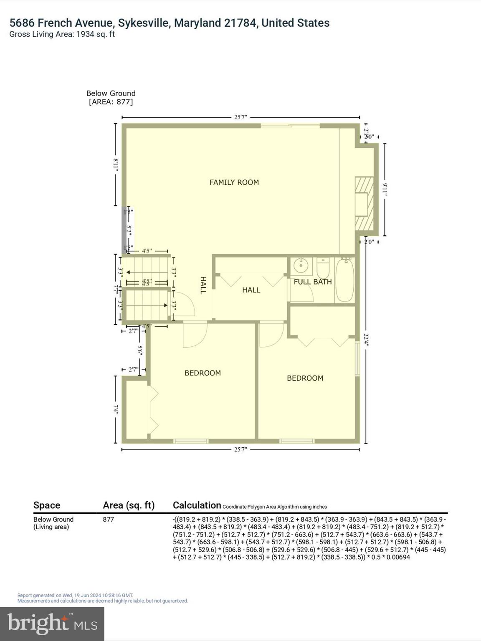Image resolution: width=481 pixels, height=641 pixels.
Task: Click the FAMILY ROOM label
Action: click(x=234, y=182)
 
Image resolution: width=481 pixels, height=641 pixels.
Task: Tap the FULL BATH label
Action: click(x=312, y=282)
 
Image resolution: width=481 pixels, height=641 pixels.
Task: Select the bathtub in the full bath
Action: click(x=345, y=280)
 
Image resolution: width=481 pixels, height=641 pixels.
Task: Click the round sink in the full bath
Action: click(x=300, y=265)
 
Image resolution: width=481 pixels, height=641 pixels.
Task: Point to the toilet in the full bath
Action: click(x=323, y=269)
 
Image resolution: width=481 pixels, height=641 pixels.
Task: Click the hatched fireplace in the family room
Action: click(x=364, y=203)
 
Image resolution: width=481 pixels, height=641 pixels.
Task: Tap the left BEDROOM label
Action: click(x=203, y=373)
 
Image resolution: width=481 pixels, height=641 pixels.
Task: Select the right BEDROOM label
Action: click(x=305, y=378)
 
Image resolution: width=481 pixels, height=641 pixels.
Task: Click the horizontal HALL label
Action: click(x=251, y=290)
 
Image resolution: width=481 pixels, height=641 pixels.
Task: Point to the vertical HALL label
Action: click(x=203, y=285)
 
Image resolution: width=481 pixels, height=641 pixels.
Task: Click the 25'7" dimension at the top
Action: click(x=240, y=117)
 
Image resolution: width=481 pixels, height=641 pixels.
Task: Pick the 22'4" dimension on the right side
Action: click(x=366, y=343)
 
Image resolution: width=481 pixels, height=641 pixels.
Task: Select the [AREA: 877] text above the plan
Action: click(x=111, y=102)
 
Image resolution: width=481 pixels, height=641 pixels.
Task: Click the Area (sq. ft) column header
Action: click(x=129, y=505)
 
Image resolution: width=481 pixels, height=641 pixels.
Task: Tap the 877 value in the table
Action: click(x=109, y=520)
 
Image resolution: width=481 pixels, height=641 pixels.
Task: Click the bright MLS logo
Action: click(x=52, y=624)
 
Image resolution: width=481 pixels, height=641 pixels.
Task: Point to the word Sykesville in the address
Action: click(x=143, y=23)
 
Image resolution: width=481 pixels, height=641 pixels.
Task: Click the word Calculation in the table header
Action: click(x=197, y=505)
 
